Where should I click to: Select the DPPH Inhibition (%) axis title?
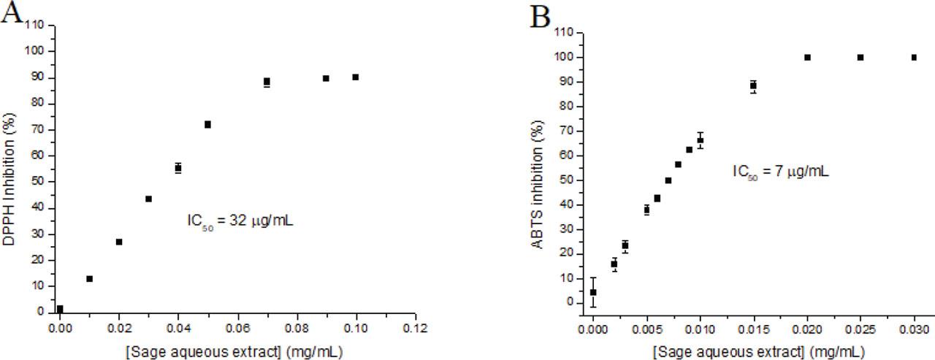(10, 169)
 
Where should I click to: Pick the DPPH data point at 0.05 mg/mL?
(207, 124)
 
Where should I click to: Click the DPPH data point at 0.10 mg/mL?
(356, 77)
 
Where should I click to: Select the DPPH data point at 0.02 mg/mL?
(119, 242)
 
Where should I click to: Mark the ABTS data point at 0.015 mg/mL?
(753, 86)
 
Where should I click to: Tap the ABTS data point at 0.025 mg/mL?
(860, 57)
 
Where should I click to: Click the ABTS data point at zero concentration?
(593, 292)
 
